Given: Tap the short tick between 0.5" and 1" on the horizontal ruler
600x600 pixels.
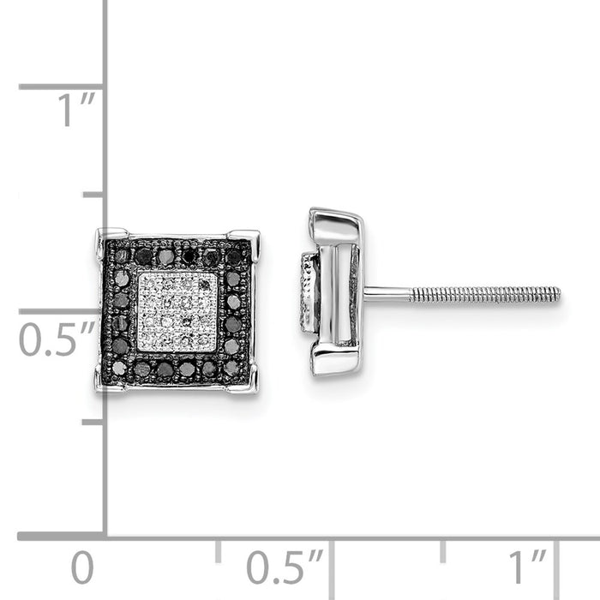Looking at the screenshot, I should pos(442,549).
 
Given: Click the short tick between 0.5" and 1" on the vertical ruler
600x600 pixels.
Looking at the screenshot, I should pos(93,195).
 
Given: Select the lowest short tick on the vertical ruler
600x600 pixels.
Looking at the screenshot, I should pos(93,421).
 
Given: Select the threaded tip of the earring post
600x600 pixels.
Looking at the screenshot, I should pos(549,295).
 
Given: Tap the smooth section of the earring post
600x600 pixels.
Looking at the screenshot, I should pos(387,295).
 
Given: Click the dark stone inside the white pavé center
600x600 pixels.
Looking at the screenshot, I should pos(204,284).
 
